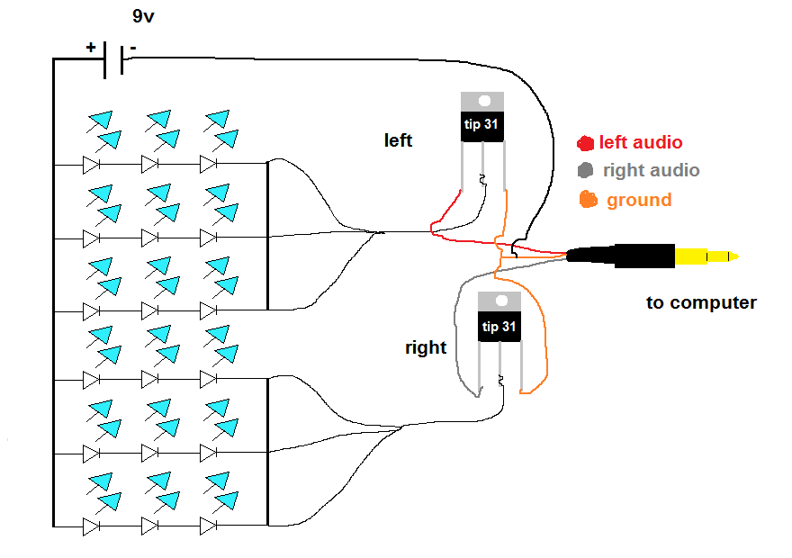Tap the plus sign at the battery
point(91,46)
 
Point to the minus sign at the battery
point(133,46)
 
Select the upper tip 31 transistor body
point(481,126)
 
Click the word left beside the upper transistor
point(398,140)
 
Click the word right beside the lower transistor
point(426,347)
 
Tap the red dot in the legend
point(586,142)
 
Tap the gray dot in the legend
point(586,169)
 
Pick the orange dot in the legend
point(589,200)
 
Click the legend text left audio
point(641,142)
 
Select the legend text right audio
point(651,169)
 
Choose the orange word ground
point(639,200)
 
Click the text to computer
point(701,302)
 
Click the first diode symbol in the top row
point(91,165)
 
